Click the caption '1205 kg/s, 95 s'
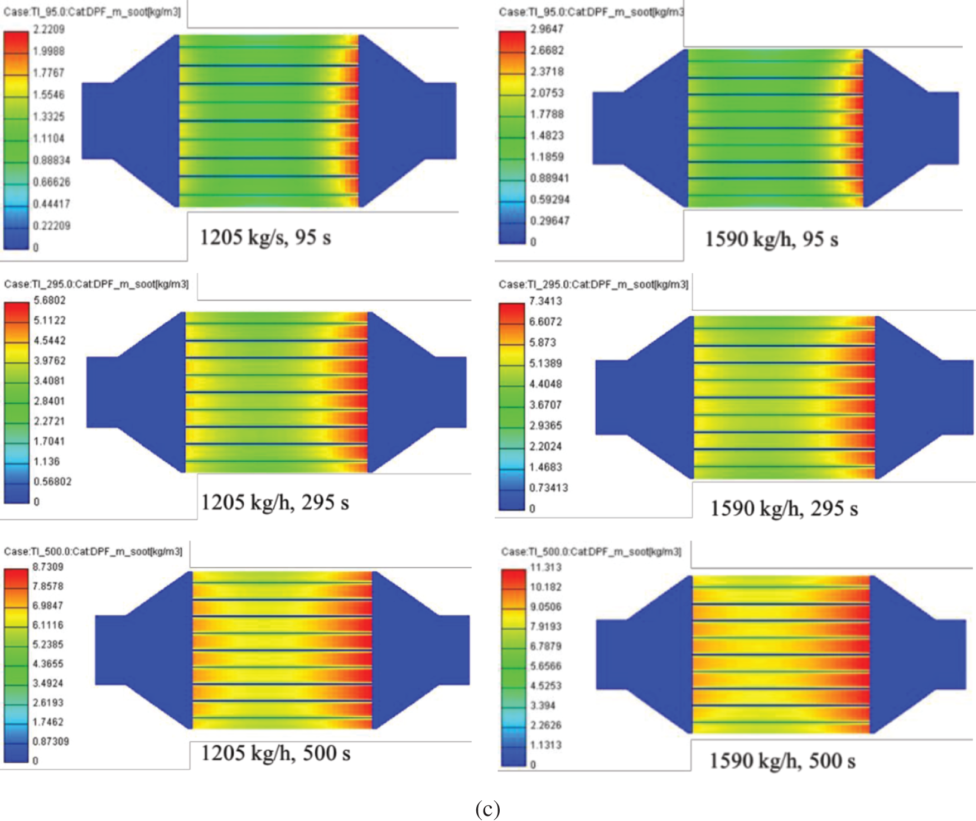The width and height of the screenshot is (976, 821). (x=265, y=238)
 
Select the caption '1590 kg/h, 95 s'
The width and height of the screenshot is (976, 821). (x=771, y=239)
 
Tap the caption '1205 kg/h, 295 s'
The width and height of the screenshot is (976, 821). (x=275, y=503)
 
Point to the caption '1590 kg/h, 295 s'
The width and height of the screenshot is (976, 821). (x=784, y=509)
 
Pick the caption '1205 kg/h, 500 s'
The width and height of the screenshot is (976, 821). (x=276, y=754)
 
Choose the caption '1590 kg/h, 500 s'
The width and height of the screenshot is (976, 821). (x=782, y=761)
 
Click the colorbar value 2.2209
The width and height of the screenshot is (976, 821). (x=49, y=29)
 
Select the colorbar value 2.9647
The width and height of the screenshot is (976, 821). (x=547, y=29)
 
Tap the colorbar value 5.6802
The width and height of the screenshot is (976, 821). (x=50, y=300)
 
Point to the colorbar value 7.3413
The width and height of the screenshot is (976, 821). (x=545, y=301)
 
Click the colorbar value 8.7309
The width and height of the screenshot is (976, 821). (x=48, y=567)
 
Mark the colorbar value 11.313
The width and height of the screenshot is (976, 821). (x=545, y=567)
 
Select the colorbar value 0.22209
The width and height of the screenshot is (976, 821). (x=52, y=226)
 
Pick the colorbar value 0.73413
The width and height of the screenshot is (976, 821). (x=548, y=488)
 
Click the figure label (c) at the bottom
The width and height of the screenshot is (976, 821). (x=487, y=809)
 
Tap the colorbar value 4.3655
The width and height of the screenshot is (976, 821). (x=48, y=664)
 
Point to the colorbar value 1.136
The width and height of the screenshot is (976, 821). (x=46, y=461)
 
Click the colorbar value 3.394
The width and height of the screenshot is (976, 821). (x=543, y=706)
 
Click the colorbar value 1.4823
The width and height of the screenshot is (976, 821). (x=547, y=136)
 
